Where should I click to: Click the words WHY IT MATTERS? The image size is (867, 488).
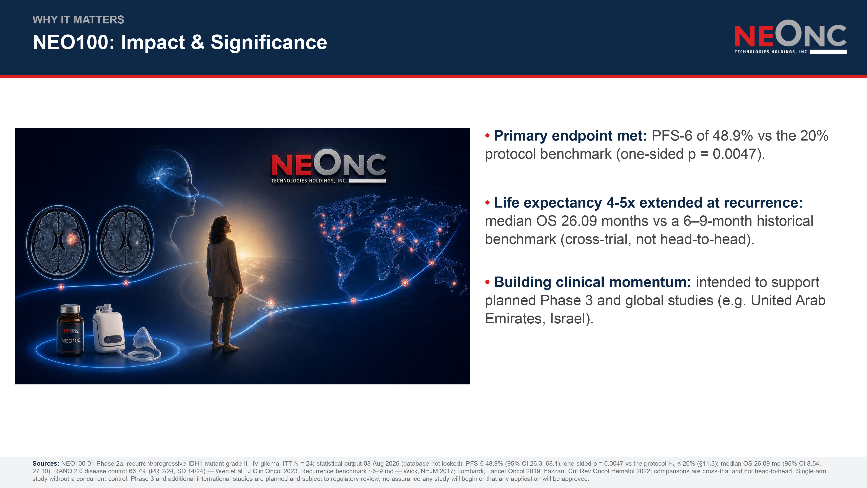pyautogui.click(x=78, y=20)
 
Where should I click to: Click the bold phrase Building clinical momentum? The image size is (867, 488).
pyautogui.click(x=592, y=282)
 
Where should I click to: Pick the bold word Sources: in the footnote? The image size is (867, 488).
pyautogui.click(x=46, y=463)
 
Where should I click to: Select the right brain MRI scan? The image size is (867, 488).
pyautogui.click(x=125, y=239)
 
